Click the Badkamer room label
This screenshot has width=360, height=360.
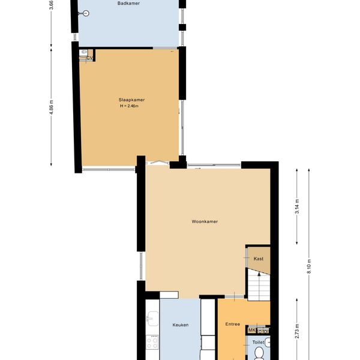pos(128,3)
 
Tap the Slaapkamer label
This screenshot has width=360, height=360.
pos(131,100)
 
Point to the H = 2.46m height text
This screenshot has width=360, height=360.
pos(129,106)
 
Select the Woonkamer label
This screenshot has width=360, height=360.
pos(205,221)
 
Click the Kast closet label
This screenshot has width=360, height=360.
pos(259,259)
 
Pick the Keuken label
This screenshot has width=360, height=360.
pos(181,325)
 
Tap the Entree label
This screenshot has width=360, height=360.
pos(233,324)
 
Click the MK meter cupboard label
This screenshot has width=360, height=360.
pos(252,331)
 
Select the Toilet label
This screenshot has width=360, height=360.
pos(258,343)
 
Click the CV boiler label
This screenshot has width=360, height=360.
pos(89,58)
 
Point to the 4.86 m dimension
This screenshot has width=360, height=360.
pos(52,107)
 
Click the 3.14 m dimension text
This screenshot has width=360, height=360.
pos(297,206)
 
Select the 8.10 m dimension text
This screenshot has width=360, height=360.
pos(309,266)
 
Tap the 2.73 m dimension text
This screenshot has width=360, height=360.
pos(297,331)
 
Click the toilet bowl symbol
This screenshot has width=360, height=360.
pos(259,353)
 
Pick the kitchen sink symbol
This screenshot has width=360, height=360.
pos(152,319)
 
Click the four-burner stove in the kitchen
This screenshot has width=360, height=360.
pos(152,342)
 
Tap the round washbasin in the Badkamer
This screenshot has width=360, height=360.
pos(86,14)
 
